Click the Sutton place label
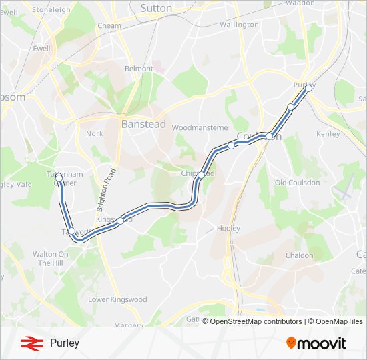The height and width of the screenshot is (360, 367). [156, 8]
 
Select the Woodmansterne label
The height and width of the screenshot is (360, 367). [200, 127]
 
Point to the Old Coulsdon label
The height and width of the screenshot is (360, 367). [297, 183]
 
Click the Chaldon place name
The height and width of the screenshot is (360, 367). [298, 255]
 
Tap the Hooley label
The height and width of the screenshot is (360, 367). [228, 228]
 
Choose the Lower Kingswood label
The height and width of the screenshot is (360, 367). [117, 299]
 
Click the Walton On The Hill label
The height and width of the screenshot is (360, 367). [51, 259]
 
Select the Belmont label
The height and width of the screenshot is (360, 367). [139, 69]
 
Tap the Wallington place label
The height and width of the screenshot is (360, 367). [238, 25]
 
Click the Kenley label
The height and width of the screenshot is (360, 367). [328, 134]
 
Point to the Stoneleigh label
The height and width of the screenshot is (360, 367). [51, 10]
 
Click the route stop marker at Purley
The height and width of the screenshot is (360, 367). [308, 87]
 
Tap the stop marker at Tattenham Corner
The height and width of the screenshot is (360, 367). [59, 177]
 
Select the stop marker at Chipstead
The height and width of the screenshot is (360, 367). [201, 175]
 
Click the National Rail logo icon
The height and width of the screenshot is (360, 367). [29, 343]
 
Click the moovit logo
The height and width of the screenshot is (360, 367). [316, 343]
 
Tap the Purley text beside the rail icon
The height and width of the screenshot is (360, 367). [64, 343]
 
